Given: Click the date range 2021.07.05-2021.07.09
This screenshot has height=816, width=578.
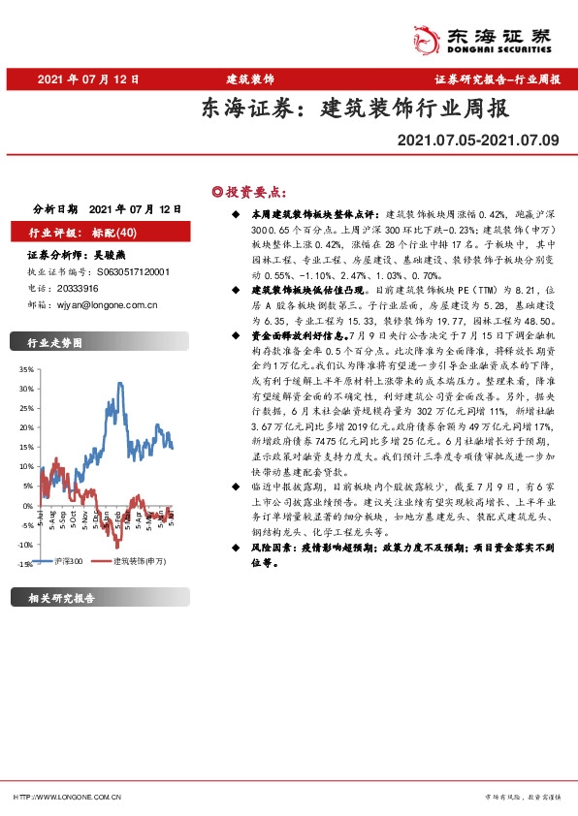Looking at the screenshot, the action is (x=478, y=141).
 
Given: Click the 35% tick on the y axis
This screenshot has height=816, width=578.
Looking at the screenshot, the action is (x=25, y=369).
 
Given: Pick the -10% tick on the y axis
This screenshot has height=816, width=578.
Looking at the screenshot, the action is (x=25, y=544).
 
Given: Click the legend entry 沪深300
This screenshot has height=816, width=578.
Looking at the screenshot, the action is (x=69, y=562).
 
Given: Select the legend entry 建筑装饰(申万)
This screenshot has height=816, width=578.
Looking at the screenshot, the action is (x=141, y=562).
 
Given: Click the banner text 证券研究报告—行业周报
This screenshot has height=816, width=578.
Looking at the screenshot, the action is (x=498, y=78).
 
